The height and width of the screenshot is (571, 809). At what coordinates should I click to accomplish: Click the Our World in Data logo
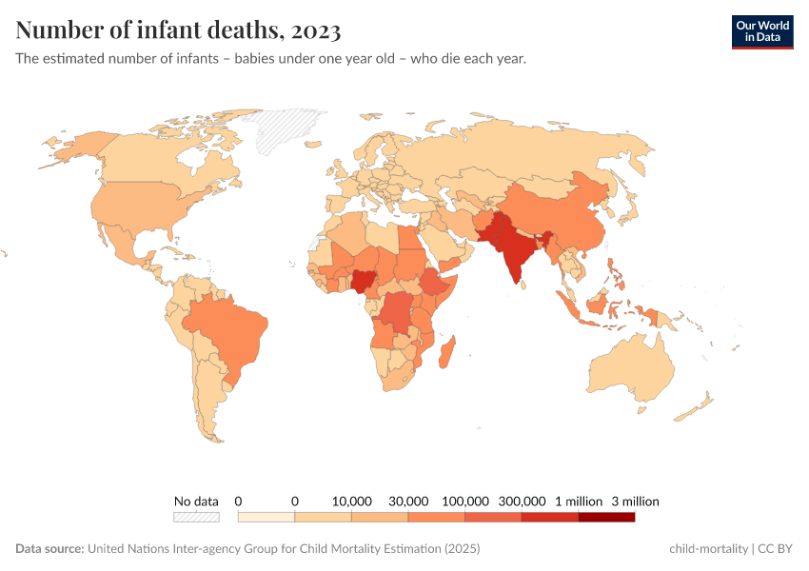click(761, 31)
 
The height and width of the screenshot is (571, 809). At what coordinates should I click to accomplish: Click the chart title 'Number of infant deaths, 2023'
click(178, 30)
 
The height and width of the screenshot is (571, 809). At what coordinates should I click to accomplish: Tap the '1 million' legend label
click(578, 501)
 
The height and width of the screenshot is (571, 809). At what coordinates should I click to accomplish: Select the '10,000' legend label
click(351, 501)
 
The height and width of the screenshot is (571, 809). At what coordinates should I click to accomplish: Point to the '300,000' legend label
click(522, 501)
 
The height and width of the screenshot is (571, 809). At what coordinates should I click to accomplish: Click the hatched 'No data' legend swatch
click(196, 517)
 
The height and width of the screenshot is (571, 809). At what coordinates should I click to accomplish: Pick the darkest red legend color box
click(606, 517)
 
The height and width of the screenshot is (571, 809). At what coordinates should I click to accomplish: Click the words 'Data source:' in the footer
click(49, 549)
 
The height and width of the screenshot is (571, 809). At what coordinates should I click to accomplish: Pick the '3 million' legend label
click(635, 501)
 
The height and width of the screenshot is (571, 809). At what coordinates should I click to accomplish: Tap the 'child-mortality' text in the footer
click(708, 549)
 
